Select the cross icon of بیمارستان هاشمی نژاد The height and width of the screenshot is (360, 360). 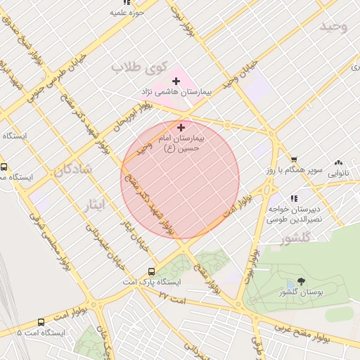click(x=176, y=82)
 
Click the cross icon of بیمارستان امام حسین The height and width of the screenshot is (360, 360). click(x=181, y=127)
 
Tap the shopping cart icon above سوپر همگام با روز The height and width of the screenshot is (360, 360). click(x=294, y=160)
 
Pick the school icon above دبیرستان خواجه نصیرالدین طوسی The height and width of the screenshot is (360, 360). click(x=294, y=198)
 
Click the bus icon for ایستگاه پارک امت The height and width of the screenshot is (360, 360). click(x=151, y=271)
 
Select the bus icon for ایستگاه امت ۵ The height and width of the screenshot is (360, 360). click(x=40, y=322)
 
